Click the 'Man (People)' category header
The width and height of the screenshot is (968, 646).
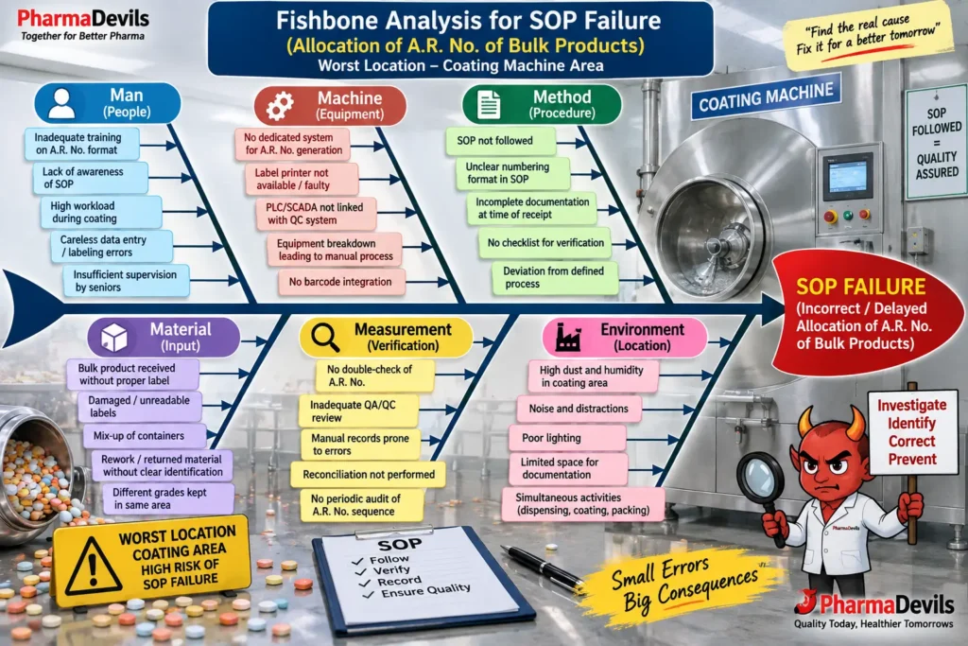(x=108, y=103)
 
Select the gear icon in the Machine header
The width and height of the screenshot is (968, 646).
(x=280, y=106)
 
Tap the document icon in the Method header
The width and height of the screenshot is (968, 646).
(x=489, y=104)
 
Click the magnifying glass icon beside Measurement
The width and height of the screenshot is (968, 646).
(x=325, y=338)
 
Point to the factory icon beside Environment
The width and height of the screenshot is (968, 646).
(x=568, y=338)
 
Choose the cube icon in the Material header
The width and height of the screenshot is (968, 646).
(x=114, y=338)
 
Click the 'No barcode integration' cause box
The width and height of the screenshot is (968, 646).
(x=340, y=282)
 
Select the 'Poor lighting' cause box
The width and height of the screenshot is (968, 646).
(x=567, y=438)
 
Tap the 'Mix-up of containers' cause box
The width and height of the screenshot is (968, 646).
(x=145, y=435)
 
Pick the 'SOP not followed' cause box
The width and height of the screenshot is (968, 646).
(x=500, y=141)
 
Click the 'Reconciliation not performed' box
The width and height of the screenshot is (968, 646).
(x=369, y=474)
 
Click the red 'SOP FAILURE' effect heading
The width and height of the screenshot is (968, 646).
(x=860, y=287)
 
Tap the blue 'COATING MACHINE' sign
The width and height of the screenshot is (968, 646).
(x=766, y=97)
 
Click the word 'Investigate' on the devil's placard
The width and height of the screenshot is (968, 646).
(x=912, y=405)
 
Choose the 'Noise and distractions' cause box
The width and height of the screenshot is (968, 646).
(x=579, y=409)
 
